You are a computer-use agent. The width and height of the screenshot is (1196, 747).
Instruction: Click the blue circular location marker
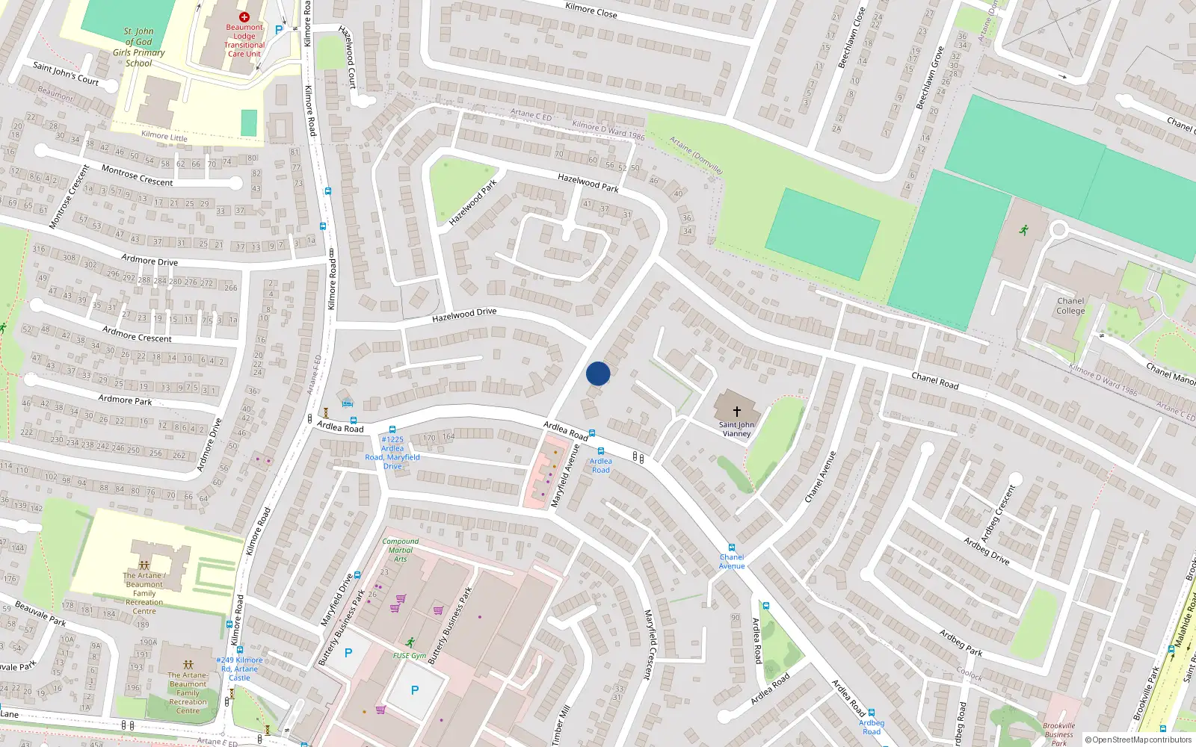(x=598, y=373)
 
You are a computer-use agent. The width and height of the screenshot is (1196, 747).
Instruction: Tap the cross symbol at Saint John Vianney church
(x=737, y=411)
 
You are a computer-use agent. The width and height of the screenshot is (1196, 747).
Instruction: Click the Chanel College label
(x=1070, y=306)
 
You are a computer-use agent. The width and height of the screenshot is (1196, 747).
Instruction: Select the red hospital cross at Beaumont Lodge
(x=244, y=16)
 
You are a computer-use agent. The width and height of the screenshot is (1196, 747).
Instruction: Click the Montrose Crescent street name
(x=137, y=176)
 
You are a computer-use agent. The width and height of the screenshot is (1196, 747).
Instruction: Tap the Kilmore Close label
(x=591, y=10)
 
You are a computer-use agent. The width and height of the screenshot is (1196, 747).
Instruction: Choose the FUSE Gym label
(x=410, y=656)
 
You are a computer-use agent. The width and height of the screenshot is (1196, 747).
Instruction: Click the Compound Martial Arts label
(x=401, y=550)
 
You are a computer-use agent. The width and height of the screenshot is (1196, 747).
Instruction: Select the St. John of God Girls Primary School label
(x=139, y=47)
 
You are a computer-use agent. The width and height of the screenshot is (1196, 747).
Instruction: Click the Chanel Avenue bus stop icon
(x=731, y=548)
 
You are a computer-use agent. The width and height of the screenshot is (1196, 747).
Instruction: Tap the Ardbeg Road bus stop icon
(x=871, y=713)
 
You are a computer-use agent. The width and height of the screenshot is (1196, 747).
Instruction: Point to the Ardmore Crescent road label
(x=137, y=334)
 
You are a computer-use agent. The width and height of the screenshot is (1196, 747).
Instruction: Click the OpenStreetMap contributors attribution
(x=1138, y=740)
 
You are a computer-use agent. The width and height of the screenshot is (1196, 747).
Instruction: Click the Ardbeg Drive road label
(x=986, y=551)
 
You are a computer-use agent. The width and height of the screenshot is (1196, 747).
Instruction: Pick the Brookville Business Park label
(x=1059, y=734)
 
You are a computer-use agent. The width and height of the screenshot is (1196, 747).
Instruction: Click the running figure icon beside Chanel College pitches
(x=1023, y=229)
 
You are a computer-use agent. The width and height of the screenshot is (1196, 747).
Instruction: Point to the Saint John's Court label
(x=66, y=73)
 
